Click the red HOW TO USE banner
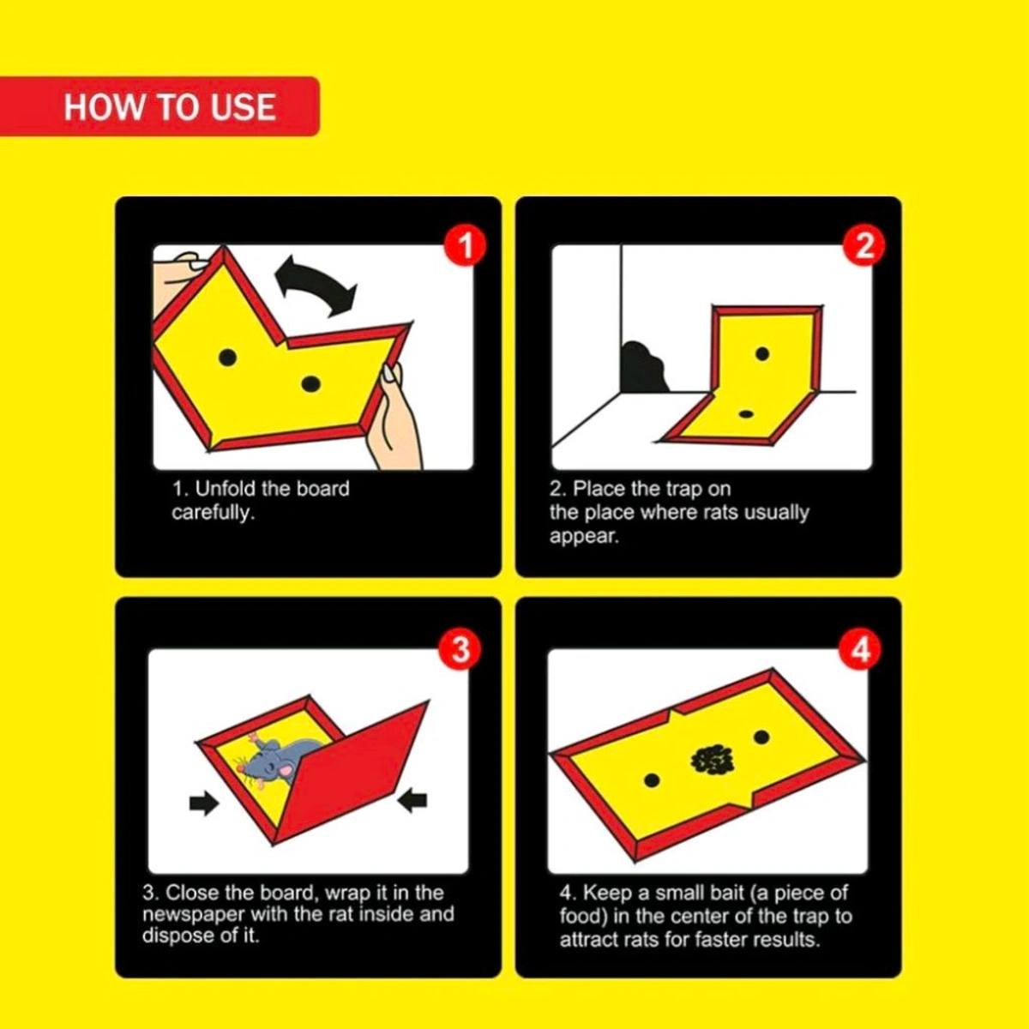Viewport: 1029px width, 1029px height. (x=159, y=107)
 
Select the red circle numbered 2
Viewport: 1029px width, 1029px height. (x=864, y=246)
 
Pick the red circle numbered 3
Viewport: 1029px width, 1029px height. (x=460, y=649)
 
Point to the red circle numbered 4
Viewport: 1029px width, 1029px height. (x=860, y=649)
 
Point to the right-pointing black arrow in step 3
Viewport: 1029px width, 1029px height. (x=203, y=803)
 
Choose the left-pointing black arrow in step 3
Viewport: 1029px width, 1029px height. (x=413, y=801)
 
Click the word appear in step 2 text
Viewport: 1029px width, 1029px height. (x=583, y=538)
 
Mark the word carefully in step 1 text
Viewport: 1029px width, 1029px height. (x=212, y=513)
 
